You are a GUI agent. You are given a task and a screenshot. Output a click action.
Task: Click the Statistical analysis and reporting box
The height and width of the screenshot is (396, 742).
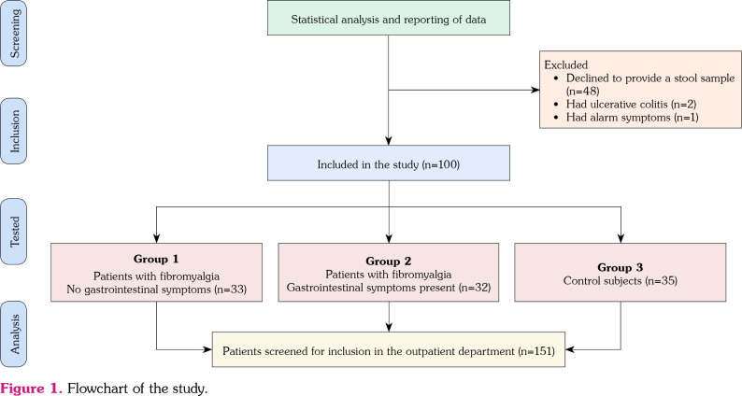389,18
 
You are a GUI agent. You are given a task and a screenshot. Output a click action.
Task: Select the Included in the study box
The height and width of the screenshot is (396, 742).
389,163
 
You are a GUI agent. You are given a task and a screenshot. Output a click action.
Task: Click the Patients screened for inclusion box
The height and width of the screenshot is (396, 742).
389,349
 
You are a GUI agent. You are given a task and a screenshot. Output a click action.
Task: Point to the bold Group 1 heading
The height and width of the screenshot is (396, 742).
156,259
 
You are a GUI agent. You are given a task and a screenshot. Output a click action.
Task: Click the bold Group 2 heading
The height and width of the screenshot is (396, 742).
389,262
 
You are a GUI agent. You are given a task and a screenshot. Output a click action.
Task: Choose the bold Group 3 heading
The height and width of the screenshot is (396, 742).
620,267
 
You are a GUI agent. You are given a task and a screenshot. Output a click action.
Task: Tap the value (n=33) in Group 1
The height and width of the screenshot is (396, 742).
231,290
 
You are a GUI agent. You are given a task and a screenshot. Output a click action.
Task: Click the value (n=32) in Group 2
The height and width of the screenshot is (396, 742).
474,287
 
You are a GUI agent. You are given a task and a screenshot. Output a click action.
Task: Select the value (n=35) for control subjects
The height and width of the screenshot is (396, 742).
661,280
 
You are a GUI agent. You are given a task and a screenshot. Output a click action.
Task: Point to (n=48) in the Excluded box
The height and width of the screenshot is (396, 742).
583,91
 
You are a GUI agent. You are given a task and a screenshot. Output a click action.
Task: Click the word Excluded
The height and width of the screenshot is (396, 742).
566,64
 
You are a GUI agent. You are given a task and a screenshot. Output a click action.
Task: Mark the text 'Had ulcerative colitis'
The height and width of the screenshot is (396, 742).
617,104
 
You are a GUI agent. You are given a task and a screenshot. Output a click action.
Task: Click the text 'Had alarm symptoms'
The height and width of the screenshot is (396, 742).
618,117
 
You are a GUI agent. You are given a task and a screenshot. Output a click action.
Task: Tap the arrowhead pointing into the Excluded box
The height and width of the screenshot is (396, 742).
536,90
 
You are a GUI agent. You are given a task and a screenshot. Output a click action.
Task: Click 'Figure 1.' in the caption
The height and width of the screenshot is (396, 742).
32,389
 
